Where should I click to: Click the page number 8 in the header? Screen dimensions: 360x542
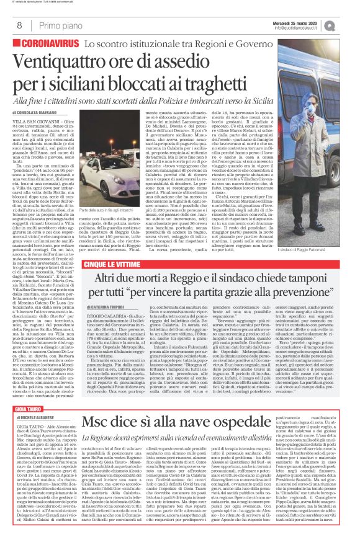tap(12, 25)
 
